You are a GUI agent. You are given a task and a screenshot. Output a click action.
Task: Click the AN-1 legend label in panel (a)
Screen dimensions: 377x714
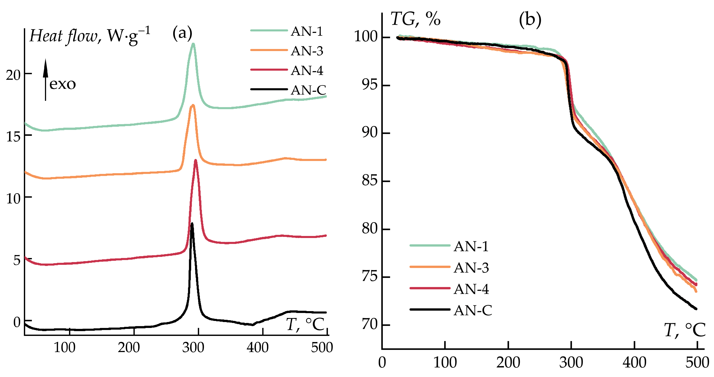[307, 31]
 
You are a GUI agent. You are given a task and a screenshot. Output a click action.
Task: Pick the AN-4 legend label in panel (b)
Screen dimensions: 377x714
[471, 289]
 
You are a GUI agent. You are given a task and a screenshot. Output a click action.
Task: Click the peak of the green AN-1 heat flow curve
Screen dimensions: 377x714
[193, 44]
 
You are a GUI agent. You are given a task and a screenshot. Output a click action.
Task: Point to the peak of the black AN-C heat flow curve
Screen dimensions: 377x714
[192, 223]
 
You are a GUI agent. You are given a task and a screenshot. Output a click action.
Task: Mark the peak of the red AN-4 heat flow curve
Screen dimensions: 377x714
[196, 160]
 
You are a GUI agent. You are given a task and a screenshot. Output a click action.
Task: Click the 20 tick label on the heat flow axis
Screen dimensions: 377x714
[13, 75]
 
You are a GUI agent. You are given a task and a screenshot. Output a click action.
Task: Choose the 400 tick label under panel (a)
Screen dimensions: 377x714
[258, 348]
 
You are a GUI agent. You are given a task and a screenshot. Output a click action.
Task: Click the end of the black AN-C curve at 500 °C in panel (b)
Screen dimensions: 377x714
[696, 309]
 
